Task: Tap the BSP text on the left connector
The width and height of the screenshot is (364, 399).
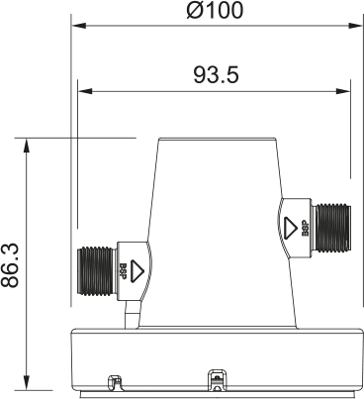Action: pos(123,268)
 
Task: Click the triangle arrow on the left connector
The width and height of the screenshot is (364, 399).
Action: pos(138,268)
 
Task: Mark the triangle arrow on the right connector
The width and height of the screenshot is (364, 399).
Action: pos(289,229)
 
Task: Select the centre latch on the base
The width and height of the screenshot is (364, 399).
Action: pos(215,378)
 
